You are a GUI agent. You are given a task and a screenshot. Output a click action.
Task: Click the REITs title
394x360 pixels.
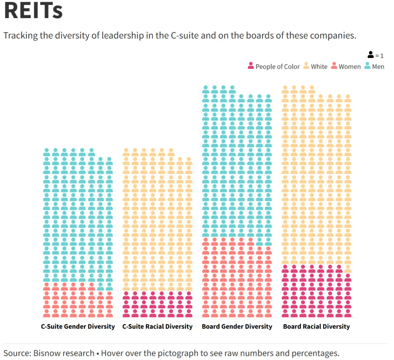click(33, 11)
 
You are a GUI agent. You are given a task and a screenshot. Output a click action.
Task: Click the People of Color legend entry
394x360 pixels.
click(277, 67)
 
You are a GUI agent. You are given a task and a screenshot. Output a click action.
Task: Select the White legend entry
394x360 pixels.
click(319, 67)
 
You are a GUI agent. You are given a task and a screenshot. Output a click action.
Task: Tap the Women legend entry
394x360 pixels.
click(349, 67)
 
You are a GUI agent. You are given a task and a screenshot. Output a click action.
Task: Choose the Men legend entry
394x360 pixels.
click(378, 67)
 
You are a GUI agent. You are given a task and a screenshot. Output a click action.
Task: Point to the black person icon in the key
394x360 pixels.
click(371, 55)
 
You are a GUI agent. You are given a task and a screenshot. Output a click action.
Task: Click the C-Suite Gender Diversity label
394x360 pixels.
click(78, 327)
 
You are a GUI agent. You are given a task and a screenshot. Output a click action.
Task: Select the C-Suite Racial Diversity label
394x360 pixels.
click(157, 327)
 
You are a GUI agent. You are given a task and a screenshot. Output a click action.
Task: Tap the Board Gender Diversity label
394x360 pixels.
click(237, 327)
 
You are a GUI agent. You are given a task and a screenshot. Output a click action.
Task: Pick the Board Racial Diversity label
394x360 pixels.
click(316, 327)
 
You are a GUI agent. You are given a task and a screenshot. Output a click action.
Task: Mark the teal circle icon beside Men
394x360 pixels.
click(367, 66)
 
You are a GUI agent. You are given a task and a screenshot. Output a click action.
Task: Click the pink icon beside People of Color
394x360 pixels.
click(251, 66)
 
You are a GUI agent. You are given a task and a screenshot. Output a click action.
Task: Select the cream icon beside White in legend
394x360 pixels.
click(306, 66)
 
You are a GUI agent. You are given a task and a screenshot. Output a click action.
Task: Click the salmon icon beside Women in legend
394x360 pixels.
click(334, 66)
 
